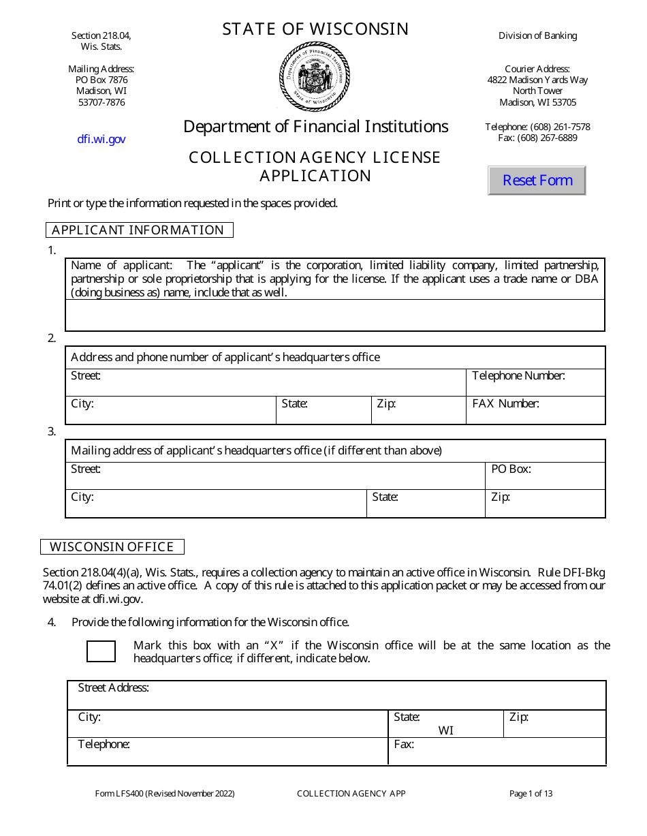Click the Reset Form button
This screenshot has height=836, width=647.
[537, 181]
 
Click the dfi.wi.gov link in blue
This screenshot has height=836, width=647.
[101, 139]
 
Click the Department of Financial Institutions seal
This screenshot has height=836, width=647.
[314, 76]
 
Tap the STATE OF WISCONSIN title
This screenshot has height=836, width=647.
[315, 29]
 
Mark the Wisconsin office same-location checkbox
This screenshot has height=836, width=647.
[101, 651]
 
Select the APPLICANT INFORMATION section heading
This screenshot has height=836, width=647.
[138, 230]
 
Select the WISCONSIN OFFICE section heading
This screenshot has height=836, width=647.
[112, 547]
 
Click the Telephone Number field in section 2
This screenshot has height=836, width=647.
[535, 382]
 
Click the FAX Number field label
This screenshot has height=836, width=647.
[505, 403]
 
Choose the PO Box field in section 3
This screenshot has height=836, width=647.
[545, 476]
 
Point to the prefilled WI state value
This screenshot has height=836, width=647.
[445, 730]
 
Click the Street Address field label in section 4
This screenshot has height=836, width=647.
[113, 687]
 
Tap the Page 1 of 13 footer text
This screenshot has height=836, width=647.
[531, 793]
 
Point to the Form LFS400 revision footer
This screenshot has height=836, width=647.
[165, 793]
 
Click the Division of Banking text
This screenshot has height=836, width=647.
[537, 35]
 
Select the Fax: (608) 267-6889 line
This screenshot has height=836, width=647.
[537, 138]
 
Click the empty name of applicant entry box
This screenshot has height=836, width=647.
[334, 315]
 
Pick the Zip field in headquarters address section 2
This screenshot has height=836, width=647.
[418, 410]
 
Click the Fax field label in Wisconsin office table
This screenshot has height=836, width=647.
[404, 744]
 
